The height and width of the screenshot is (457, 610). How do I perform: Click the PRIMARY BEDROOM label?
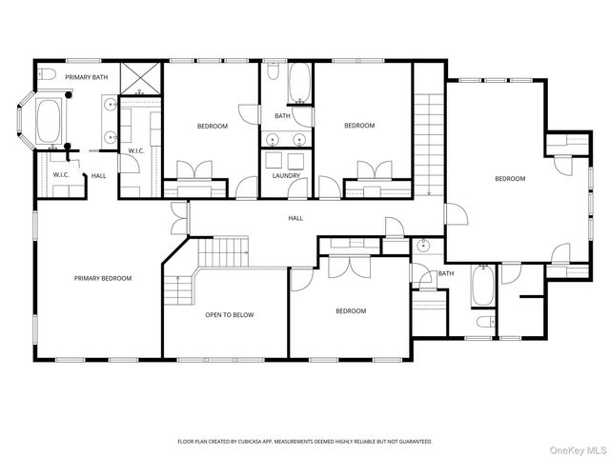[103, 278]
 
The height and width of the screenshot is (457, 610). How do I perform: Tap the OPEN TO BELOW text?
[230, 315]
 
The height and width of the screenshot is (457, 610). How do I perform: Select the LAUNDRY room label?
[286, 175]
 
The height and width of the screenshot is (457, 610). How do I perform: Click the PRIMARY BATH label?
[87, 77]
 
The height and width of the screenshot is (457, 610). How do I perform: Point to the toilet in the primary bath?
[47, 74]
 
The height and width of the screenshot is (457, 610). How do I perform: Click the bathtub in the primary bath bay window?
[49, 121]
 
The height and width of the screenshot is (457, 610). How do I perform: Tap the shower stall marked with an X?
[140, 78]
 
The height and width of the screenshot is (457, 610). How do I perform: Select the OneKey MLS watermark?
[578, 450]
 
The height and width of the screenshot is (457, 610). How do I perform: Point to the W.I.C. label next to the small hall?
[61, 175]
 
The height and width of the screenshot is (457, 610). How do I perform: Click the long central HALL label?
[295, 218]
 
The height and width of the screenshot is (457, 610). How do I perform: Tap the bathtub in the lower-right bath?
[483, 286]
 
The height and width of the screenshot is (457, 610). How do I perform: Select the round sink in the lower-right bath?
[422, 246]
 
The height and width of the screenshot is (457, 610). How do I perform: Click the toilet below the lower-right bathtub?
[486, 322]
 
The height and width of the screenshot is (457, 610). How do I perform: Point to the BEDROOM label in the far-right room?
[510, 179]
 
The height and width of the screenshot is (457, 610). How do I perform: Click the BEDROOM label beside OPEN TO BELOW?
[351, 311]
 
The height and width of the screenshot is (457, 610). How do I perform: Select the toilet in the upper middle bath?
[274, 71]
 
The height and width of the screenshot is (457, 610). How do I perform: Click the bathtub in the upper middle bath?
[299, 83]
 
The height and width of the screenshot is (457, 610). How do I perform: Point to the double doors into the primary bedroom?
[180, 218]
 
